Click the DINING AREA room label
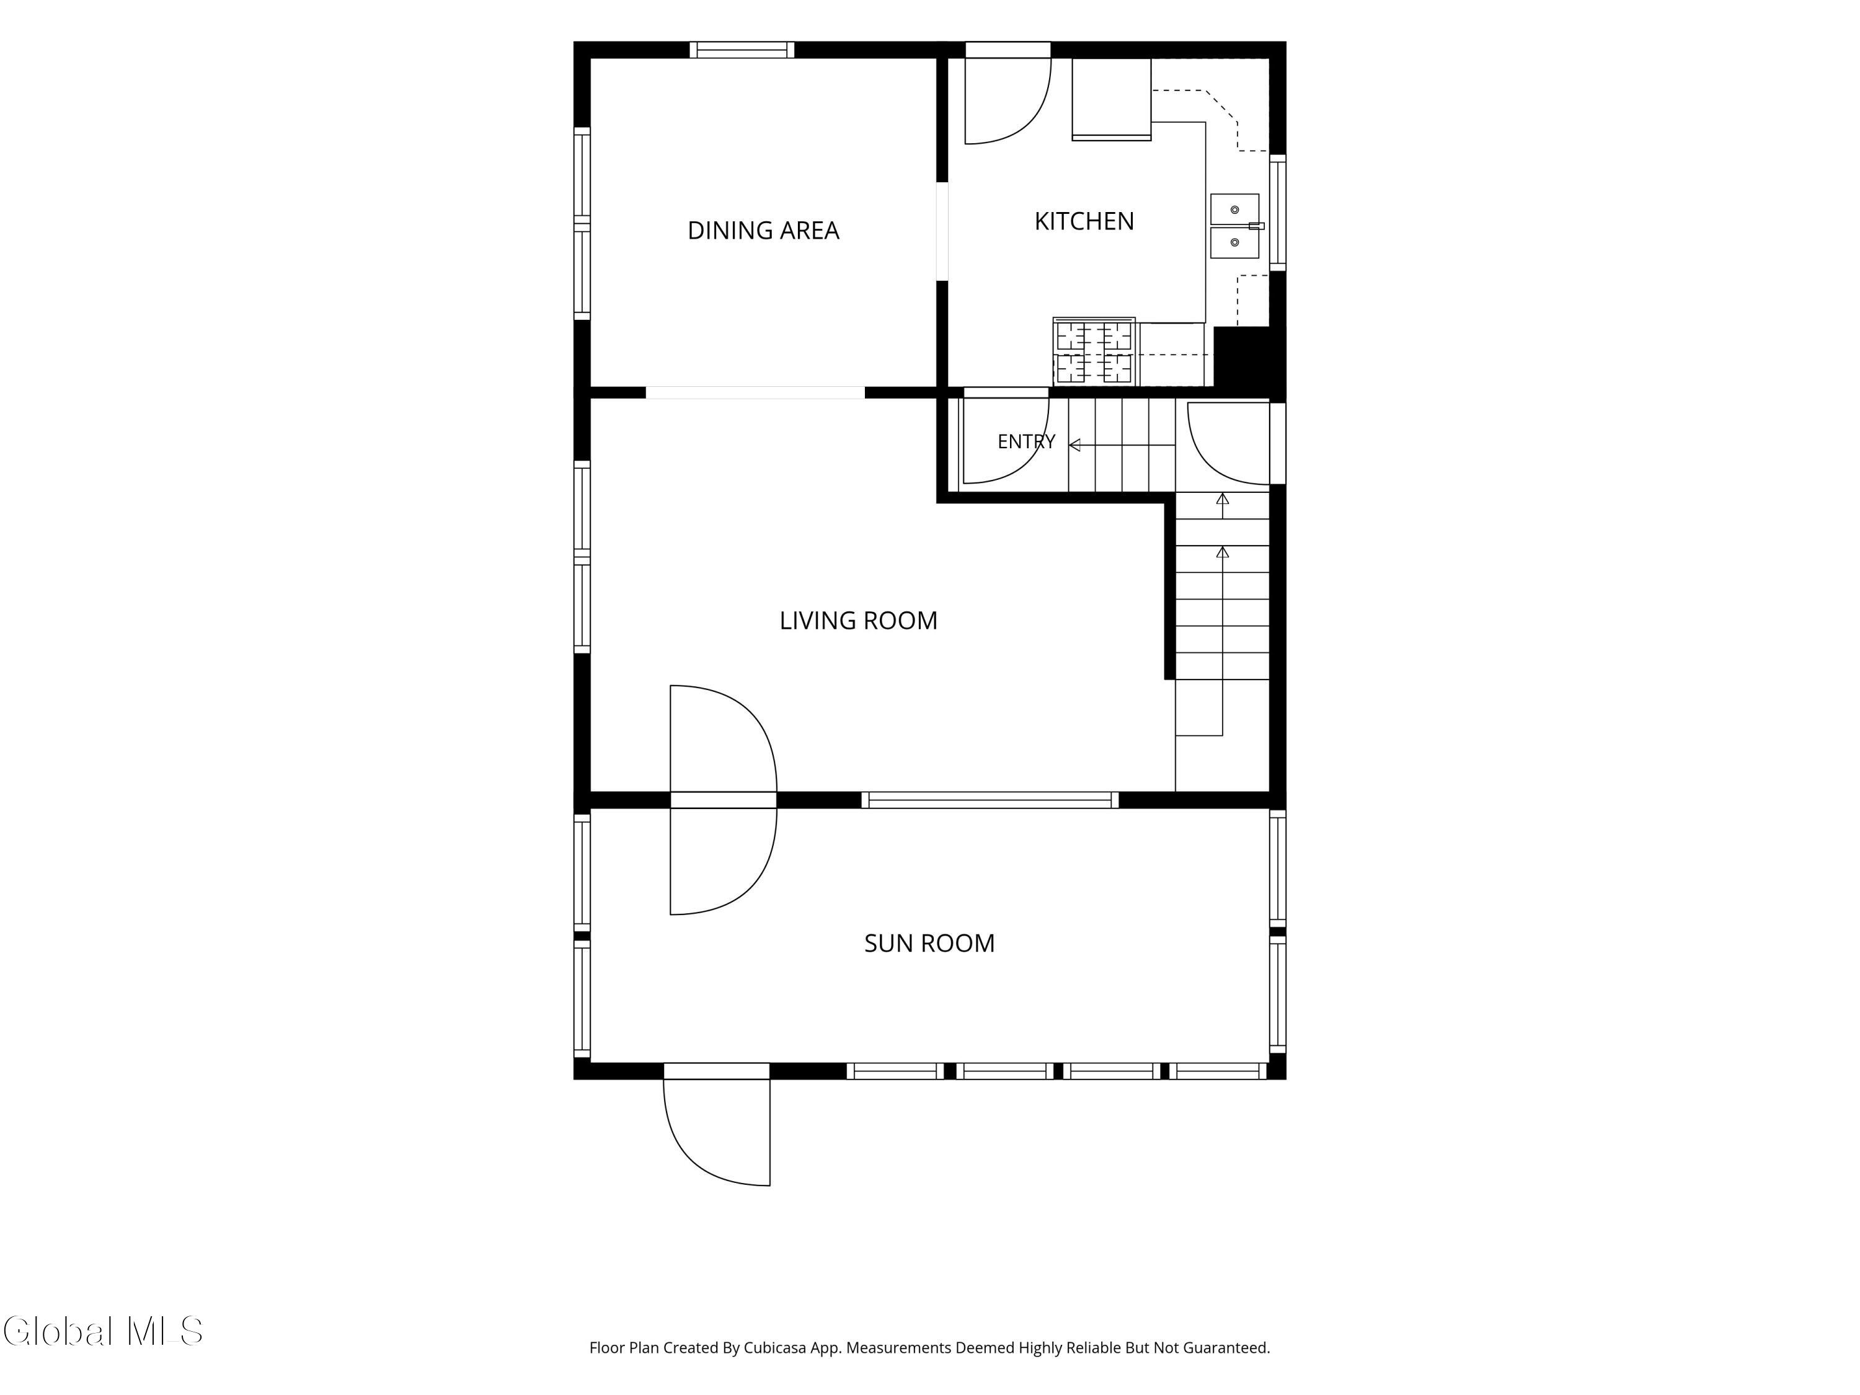pos(763,231)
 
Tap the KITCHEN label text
pos(1084,221)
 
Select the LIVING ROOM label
pos(857,621)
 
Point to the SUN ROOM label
pos(929,944)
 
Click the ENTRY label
pos(1026,441)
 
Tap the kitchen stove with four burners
pos(1094,352)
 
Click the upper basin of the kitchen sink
pos(1234,210)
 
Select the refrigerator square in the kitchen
pos(1112,99)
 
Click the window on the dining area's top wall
pos(742,50)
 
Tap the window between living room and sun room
pos(990,800)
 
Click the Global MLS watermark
pos(102,1331)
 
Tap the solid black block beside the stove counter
pos(1249,356)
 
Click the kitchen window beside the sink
pos(1277,213)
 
